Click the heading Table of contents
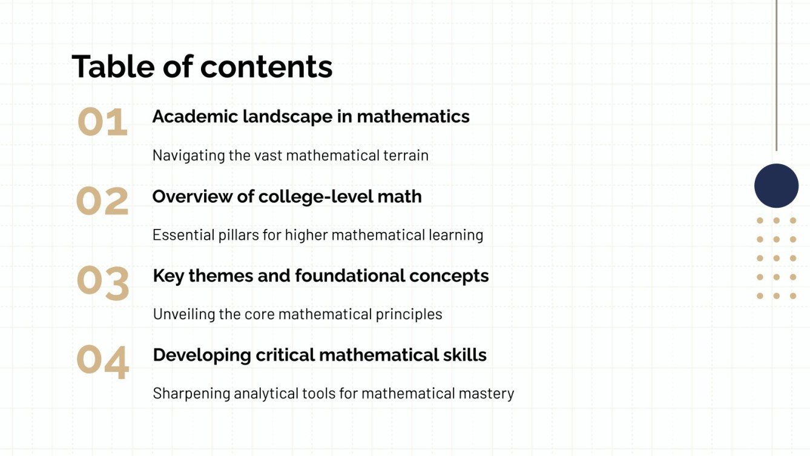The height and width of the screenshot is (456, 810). pyautogui.click(x=202, y=67)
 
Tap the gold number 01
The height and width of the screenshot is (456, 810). pyautogui.click(x=102, y=122)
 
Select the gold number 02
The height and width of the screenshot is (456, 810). pyautogui.click(x=102, y=202)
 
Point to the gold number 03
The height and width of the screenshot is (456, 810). pyautogui.click(x=103, y=283)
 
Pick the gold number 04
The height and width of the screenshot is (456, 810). pyautogui.click(x=103, y=362)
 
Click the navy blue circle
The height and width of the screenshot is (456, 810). pyautogui.click(x=776, y=186)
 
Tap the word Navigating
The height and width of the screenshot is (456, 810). pyautogui.click(x=188, y=156)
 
